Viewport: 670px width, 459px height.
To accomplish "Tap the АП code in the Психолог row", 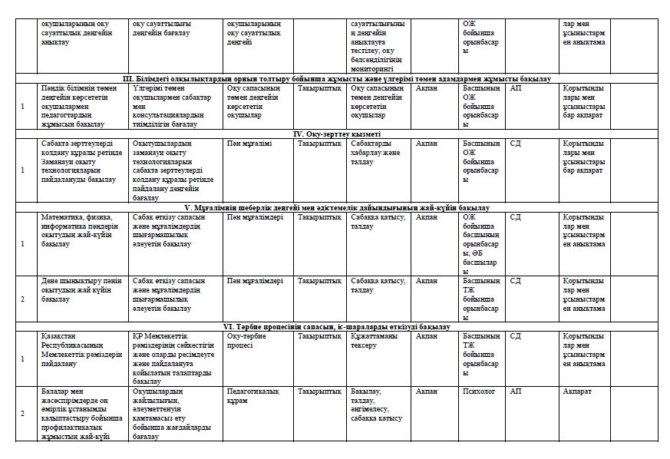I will [516, 391].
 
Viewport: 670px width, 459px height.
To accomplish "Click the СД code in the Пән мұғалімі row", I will [516, 143].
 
